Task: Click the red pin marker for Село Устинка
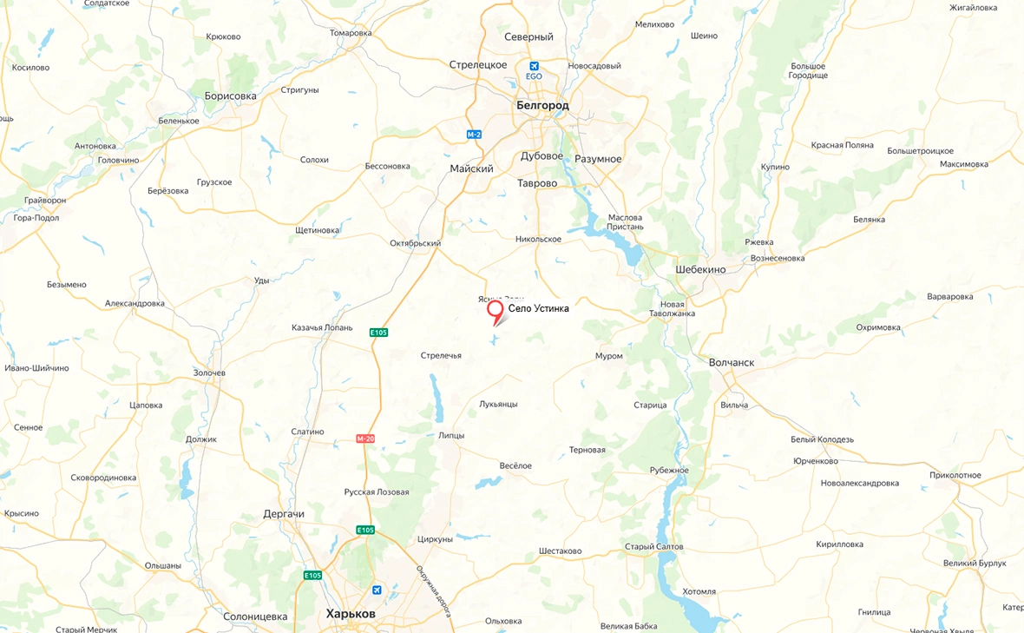(496, 311)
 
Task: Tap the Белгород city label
(542, 105)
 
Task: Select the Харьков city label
(351, 614)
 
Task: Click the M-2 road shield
(474, 135)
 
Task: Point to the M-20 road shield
(365, 438)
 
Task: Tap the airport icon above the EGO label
(534, 66)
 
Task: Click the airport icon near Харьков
(377, 590)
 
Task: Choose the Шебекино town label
(700, 269)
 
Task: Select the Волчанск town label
(732, 362)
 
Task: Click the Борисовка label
(230, 96)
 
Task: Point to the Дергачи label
(284, 514)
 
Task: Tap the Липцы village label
(452, 435)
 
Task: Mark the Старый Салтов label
(654, 547)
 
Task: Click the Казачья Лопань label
(322, 328)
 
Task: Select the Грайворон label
(45, 201)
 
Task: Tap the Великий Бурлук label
(975, 564)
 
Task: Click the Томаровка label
(351, 33)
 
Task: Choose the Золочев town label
(209, 373)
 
